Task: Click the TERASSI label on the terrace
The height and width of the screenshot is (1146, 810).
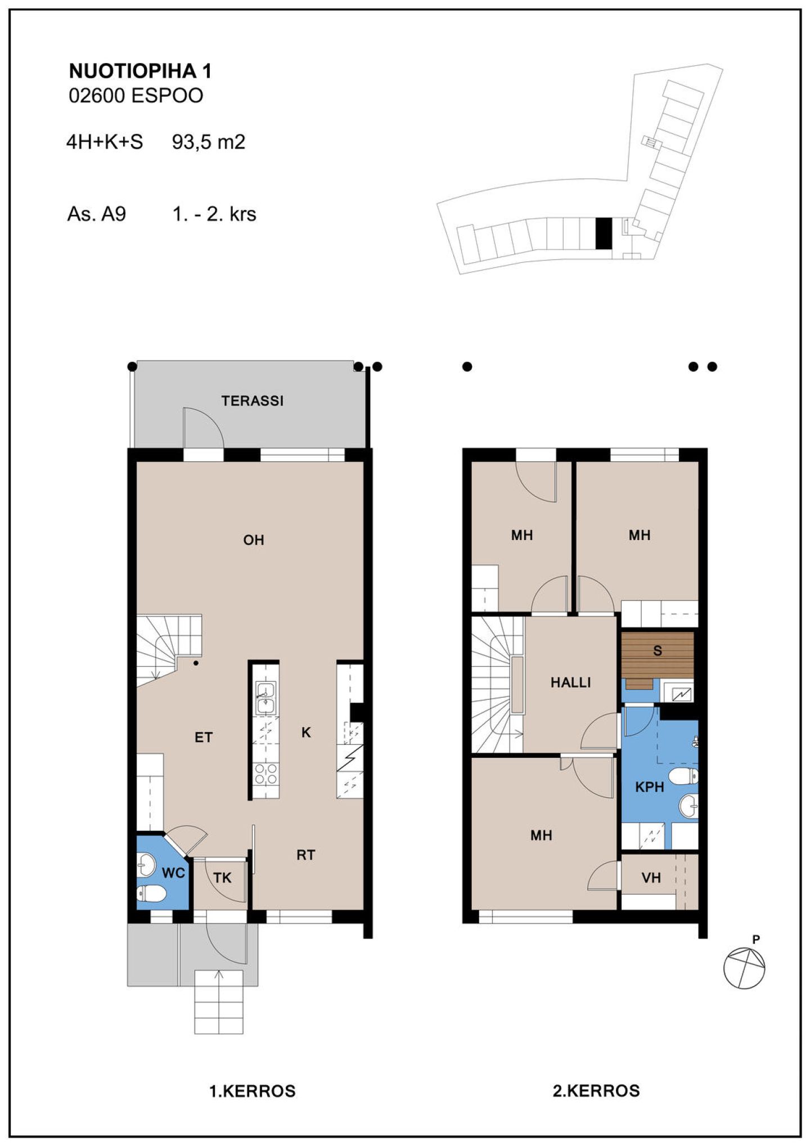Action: tap(252, 401)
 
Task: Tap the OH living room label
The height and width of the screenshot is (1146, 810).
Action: tap(253, 540)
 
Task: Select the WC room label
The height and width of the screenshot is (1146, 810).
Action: tap(173, 873)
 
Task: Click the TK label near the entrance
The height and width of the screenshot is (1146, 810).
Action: tap(222, 878)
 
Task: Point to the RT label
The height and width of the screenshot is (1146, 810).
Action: tap(305, 855)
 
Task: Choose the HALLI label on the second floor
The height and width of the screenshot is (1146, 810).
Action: tap(570, 682)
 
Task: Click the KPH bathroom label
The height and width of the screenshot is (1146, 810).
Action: tap(650, 787)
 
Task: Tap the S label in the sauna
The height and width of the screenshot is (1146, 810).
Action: tap(658, 651)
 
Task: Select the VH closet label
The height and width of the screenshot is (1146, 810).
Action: tap(651, 878)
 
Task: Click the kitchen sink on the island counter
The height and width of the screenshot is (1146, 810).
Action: tap(265, 698)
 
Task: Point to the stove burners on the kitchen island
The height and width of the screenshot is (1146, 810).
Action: tap(265, 774)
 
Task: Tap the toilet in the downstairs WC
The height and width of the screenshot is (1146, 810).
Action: tap(151, 893)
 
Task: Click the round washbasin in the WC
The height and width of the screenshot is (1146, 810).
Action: tap(146, 865)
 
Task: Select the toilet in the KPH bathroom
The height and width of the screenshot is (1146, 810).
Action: tap(684, 776)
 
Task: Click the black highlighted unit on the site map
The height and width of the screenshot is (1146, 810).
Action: tap(603, 233)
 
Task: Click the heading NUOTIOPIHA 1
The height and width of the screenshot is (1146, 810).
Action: tap(140, 71)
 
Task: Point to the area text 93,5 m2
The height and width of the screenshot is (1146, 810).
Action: tap(209, 142)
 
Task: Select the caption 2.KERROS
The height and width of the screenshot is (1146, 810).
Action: tap(596, 1091)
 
